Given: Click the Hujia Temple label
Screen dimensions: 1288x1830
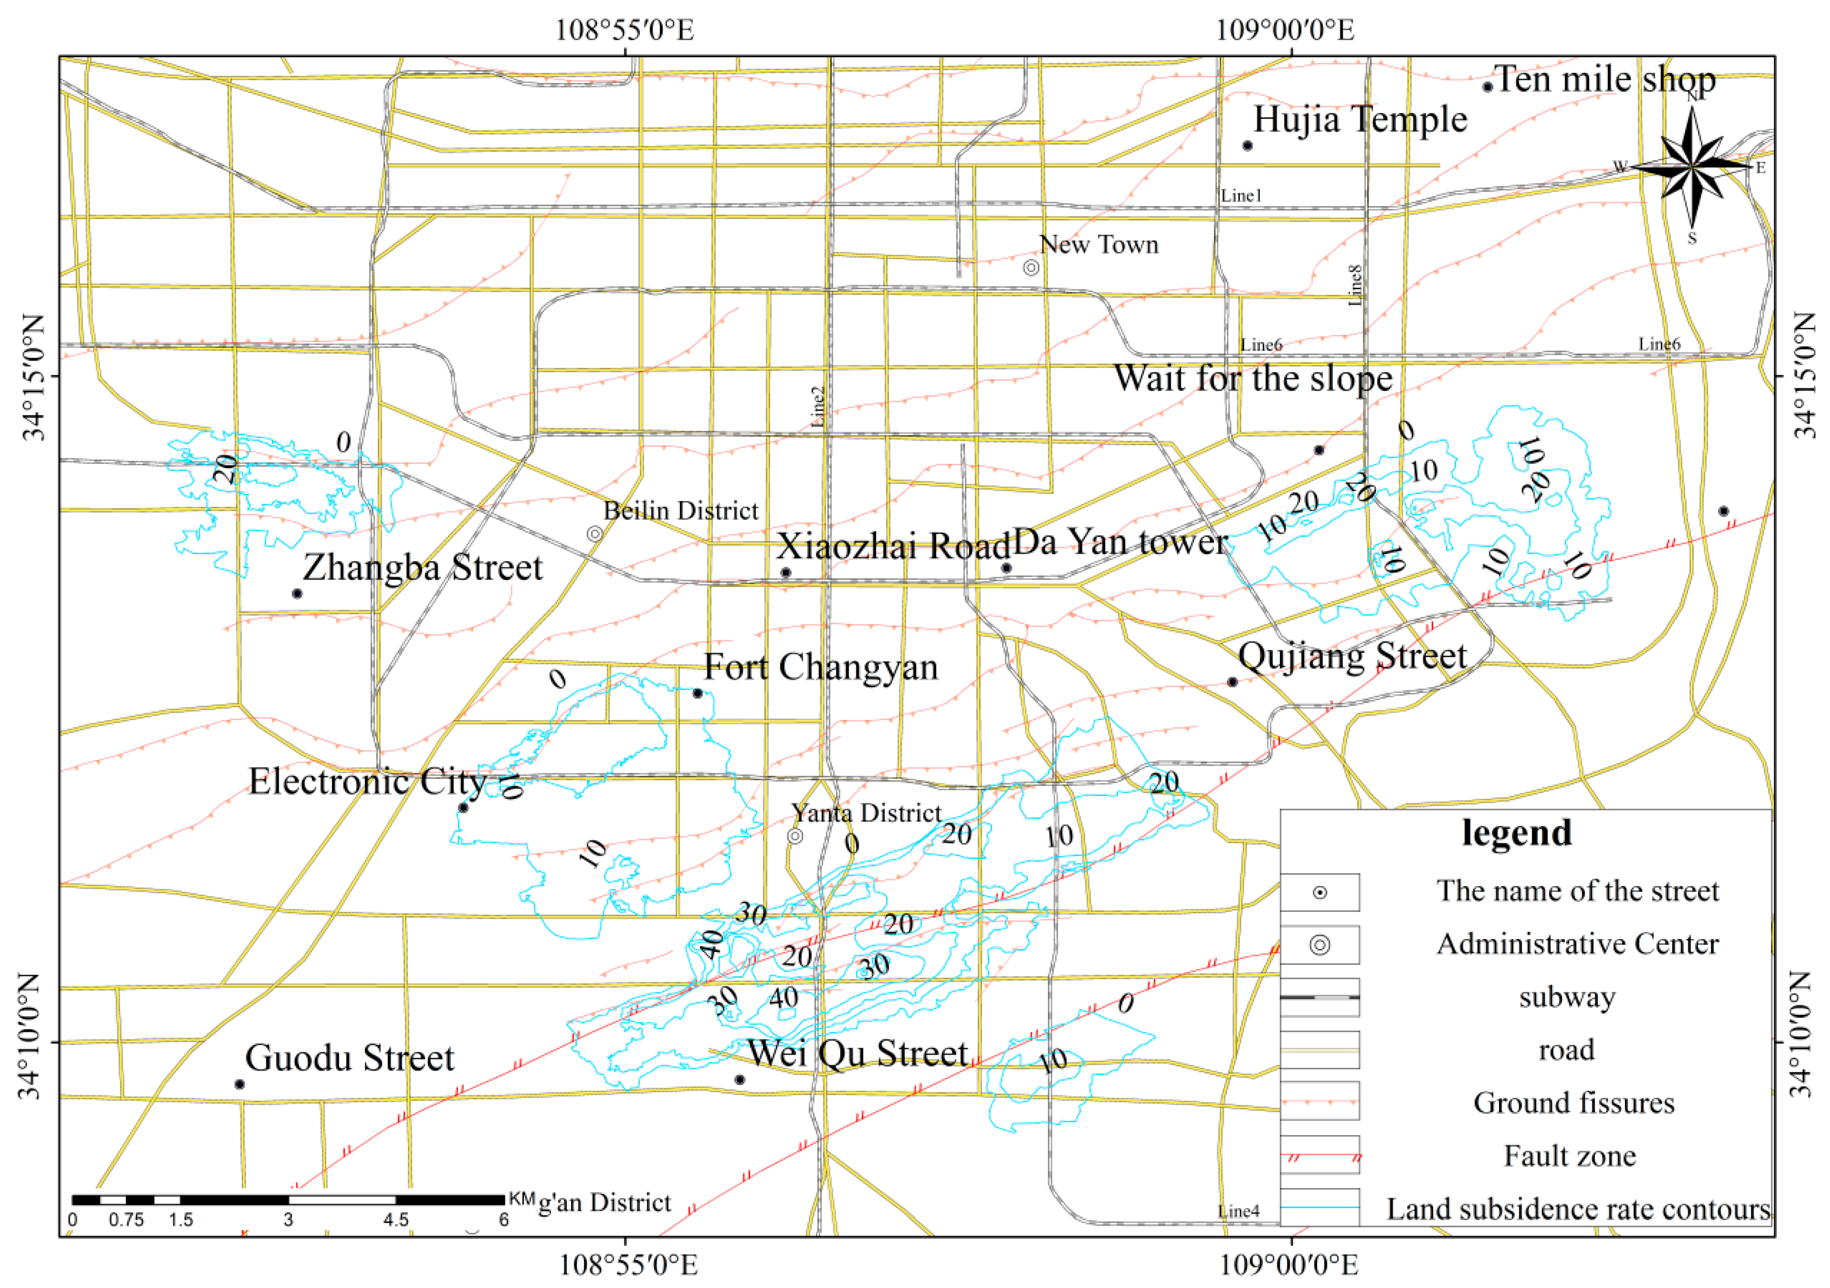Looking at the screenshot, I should (1360, 120).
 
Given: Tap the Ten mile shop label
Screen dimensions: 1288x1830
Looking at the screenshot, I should (1604, 80).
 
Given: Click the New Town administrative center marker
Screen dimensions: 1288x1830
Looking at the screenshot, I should (1030, 267).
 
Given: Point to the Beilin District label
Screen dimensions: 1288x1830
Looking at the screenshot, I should (680, 510).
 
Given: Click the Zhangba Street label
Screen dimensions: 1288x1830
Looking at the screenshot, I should (422, 567).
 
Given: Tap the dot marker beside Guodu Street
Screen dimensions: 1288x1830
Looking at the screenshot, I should (239, 1084).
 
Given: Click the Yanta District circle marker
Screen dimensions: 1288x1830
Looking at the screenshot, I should (795, 836).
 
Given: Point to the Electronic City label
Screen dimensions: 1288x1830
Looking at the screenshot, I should (367, 781).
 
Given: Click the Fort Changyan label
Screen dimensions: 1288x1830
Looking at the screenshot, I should (821, 667).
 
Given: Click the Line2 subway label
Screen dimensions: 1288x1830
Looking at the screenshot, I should (818, 407).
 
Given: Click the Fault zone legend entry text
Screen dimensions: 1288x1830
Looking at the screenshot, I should (1569, 1156).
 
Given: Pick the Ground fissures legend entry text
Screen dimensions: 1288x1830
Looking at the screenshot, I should (1573, 1103).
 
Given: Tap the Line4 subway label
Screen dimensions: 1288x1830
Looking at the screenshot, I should (1239, 1212).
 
